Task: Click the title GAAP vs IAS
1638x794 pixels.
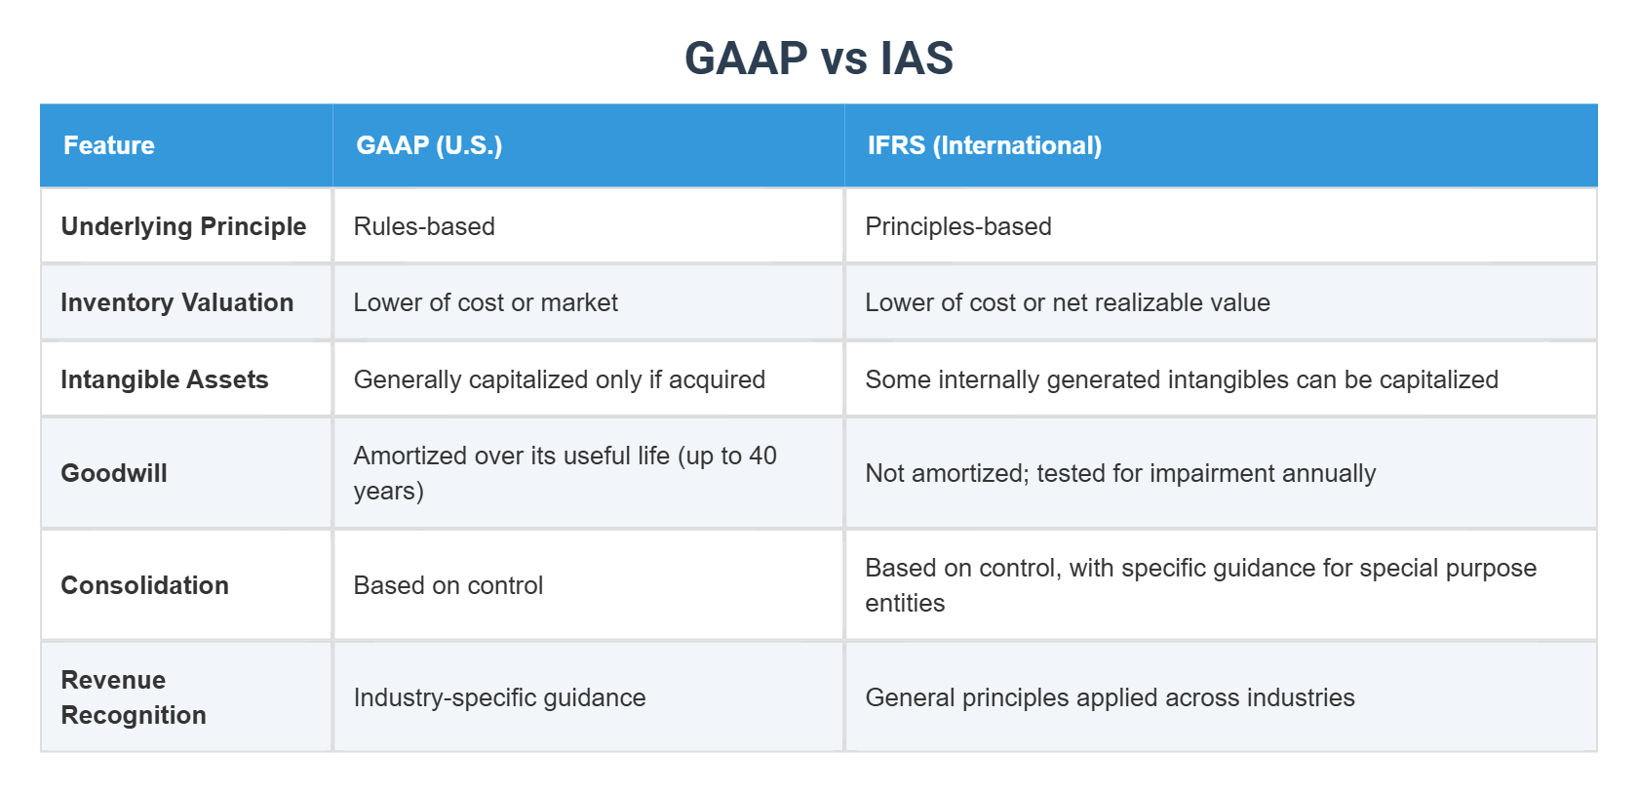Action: pos(818,59)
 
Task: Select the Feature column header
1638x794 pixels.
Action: pos(108,145)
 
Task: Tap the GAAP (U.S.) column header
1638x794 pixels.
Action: pos(429,145)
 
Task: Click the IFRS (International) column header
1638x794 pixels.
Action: pos(984,145)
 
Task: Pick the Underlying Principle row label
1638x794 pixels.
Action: pos(183,226)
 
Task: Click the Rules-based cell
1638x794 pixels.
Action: pos(424,226)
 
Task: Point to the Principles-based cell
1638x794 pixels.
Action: pos(957,226)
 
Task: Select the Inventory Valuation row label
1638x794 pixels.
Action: pos(176,302)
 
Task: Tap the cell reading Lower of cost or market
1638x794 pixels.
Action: pos(486,302)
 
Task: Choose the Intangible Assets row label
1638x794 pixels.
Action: pos(164,379)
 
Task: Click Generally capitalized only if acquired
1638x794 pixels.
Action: pos(559,379)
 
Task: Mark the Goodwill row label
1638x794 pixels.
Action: pos(114,473)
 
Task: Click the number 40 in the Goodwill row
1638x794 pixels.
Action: pos(762,456)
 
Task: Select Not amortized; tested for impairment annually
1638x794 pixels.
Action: pos(1120,473)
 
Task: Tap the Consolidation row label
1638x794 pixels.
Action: pos(144,585)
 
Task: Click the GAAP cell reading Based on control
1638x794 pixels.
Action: pos(448,585)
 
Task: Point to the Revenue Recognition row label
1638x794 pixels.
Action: pos(133,697)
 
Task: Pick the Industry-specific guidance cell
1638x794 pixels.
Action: pos(499,697)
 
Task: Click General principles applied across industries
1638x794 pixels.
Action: pos(1110,697)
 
